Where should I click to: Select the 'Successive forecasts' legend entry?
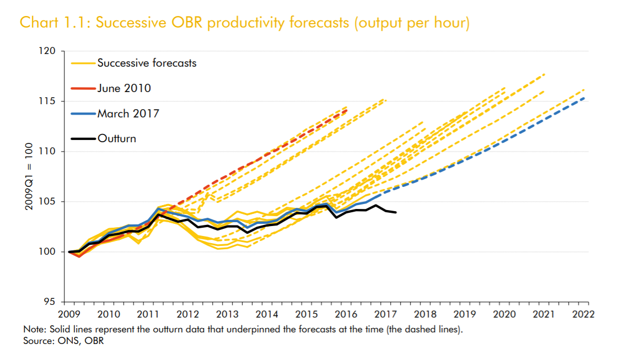tap(147, 63)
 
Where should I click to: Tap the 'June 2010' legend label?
tap(124, 88)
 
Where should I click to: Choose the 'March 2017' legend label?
tap(128, 114)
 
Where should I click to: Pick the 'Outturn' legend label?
tap(116, 138)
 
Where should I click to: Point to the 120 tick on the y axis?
tap(48, 51)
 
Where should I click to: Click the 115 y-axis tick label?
tap(48, 101)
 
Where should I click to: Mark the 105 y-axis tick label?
tap(48, 202)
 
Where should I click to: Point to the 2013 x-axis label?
tap(227, 314)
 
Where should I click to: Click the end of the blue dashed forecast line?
tap(584, 98)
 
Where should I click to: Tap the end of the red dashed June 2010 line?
tap(347, 110)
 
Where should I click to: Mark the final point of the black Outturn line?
tap(396, 212)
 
